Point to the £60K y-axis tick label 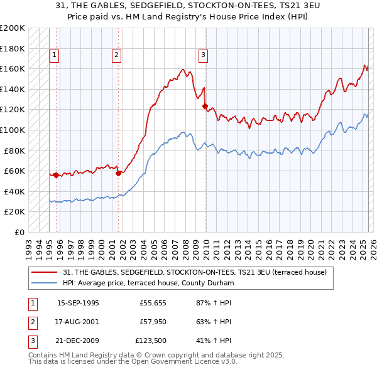14,171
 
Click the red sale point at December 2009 205,106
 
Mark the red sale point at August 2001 118,173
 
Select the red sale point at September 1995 57,175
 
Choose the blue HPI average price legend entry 148,283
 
